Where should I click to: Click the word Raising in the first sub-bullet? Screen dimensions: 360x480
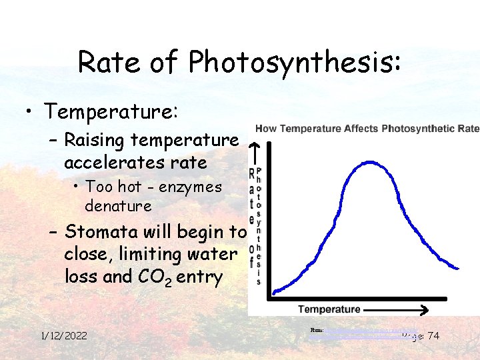point(95,141)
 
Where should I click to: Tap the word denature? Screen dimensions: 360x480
point(118,206)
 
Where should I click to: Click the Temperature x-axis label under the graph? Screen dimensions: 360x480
point(329,309)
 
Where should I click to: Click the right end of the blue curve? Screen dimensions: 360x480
point(458,268)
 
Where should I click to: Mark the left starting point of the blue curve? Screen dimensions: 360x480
point(274,291)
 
